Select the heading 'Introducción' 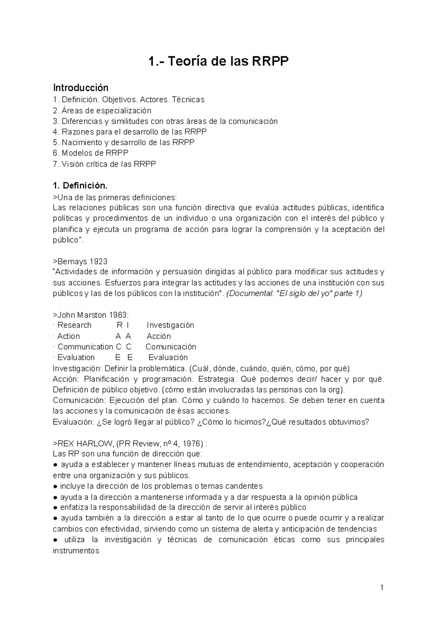click(x=81, y=88)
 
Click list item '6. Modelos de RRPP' click(x=91, y=153)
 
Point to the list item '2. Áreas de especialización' click(x=102, y=110)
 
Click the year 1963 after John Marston click(x=118, y=315)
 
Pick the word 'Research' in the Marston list click(x=74, y=325)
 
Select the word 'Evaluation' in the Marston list click(x=76, y=357)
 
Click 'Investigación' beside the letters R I click(x=170, y=325)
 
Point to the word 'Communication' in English click(x=85, y=347)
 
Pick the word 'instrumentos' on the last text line click(x=76, y=551)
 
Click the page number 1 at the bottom click(x=382, y=588)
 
